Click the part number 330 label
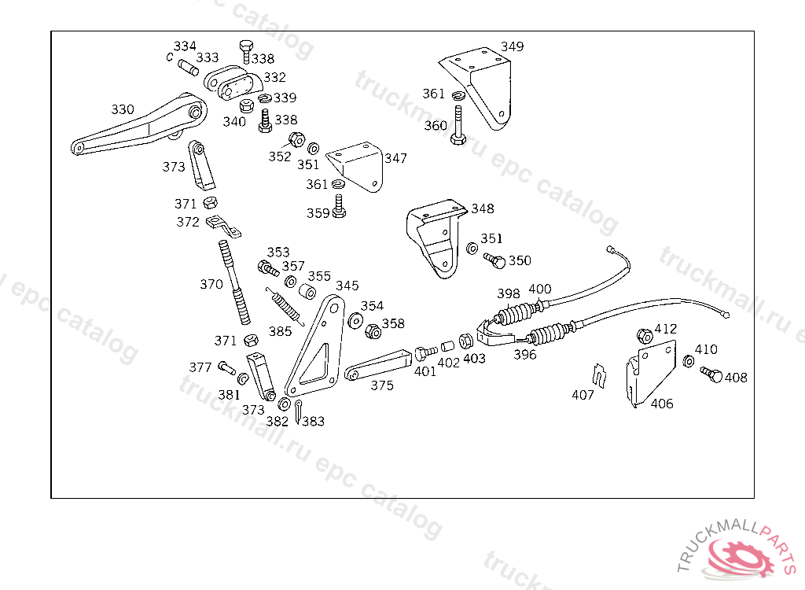pyautogui.click(x=123, y=109)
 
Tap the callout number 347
pyautogui.click(x=396, y=158)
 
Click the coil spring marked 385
pyautogui.click(x=285, y=306)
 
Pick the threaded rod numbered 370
pyautogui.click(x=234, y=282)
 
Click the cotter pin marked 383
pyautogui.click(x=299, y=411)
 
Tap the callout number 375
pyautogui.click(x=382, y=385)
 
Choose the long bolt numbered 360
pyautogui.click(x=458, y=125)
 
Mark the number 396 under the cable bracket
pyautogui.click(x=524, y=355)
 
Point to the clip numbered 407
pyautogui.click(x=599, y=375)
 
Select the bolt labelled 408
pyautogui.click(x=711, y=374)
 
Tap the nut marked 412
pyautogui.click(x=645, y=336)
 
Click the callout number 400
pyautogui.click(x=539, y=289)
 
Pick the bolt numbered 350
pyautogui.click(x=495, y=260)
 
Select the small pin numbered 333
pyautogui.click(x=189, y=68)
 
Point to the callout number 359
pyautogui.click(x=318, y=212)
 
